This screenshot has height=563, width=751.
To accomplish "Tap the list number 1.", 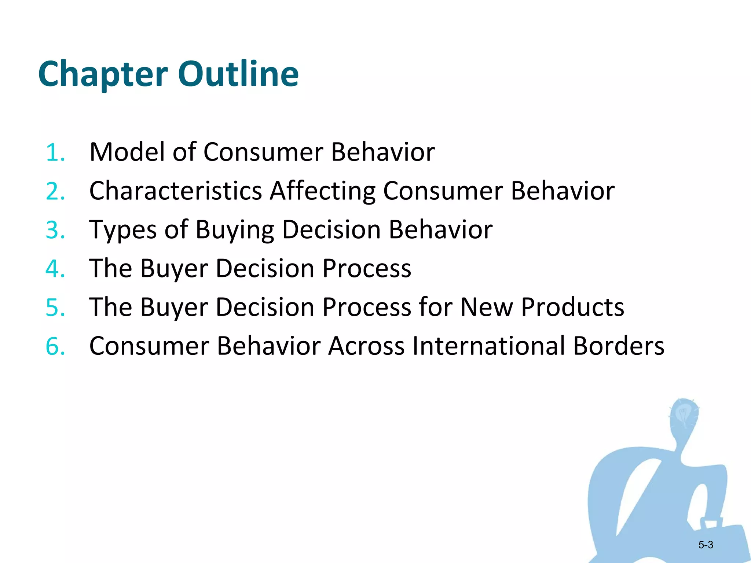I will point(55,152).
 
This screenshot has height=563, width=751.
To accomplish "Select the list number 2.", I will point(55,191).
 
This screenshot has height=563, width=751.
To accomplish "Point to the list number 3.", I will point(55,230).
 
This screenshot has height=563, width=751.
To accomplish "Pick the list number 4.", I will point(55,269).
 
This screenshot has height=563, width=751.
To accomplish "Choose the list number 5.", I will point(55,308).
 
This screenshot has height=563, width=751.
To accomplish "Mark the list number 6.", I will point(55,346).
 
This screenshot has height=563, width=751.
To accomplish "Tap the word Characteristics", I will point(176,191).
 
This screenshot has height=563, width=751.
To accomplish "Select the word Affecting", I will point(323,191).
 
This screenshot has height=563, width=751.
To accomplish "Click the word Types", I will point(123,230).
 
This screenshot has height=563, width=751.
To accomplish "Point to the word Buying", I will point(235,230).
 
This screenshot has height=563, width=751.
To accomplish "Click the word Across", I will point(366,346).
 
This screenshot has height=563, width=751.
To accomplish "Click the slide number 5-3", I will point(706,545).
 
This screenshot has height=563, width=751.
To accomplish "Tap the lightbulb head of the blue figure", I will point(684,416).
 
